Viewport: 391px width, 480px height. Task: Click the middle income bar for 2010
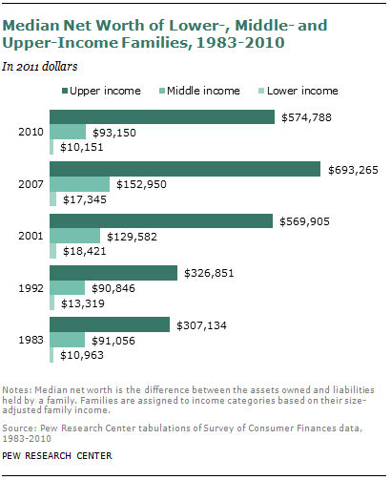[68, 132]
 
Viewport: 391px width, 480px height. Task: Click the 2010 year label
[30, 132]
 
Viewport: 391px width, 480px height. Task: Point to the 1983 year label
[30, 340]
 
